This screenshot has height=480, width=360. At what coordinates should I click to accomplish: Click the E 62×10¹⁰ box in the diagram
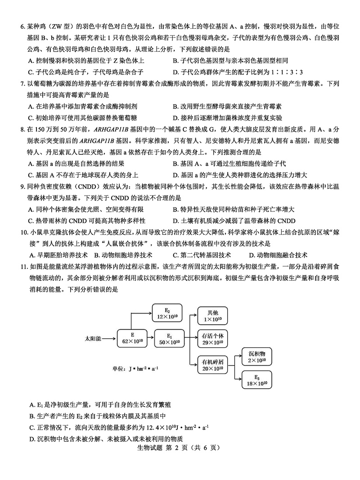point(133,338)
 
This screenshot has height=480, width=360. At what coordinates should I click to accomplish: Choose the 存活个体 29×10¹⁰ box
point(213,338)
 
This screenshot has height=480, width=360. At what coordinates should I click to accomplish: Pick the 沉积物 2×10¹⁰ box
point(257,356)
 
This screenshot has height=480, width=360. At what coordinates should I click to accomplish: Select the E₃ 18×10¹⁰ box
point(257,380)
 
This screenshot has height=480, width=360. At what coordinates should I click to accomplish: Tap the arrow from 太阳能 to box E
point(110,338)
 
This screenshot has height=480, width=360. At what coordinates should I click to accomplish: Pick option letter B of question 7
point(175,106)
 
